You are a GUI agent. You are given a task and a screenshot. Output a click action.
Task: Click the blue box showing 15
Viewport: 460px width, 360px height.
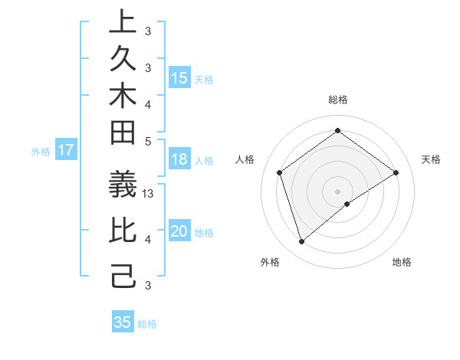point(179,77)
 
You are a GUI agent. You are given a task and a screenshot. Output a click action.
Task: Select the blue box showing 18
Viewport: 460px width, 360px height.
point(179,160)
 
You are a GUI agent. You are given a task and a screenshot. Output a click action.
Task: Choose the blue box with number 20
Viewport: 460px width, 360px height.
point(179,231)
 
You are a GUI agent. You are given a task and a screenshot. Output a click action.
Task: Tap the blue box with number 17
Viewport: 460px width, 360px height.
point(65,150)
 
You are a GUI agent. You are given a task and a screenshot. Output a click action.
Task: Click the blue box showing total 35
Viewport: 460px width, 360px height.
point(122,322)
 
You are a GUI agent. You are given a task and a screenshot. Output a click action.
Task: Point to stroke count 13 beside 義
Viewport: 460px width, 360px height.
point(149,194)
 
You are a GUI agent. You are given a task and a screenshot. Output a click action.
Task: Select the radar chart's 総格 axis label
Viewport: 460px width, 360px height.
point(337,100)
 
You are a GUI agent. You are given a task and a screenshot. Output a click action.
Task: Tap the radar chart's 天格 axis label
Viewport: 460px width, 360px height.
point(432,159)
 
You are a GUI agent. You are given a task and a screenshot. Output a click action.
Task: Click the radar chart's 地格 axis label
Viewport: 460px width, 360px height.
point(402,262)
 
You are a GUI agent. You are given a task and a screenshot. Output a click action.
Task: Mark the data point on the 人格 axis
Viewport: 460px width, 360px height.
point(280,172)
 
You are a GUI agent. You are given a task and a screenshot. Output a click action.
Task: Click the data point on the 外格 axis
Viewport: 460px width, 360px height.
point(301,242)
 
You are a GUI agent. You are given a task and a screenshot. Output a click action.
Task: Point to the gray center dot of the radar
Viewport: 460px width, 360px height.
point(337,191)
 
